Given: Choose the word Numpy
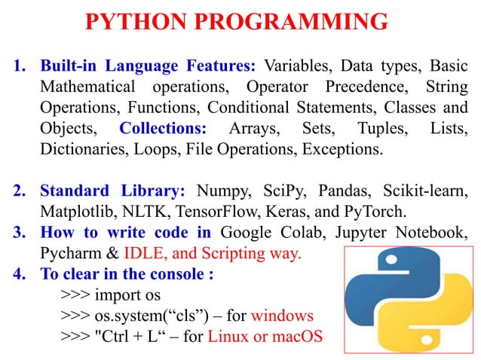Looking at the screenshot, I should pyautogui.click(x=219, y=188).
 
